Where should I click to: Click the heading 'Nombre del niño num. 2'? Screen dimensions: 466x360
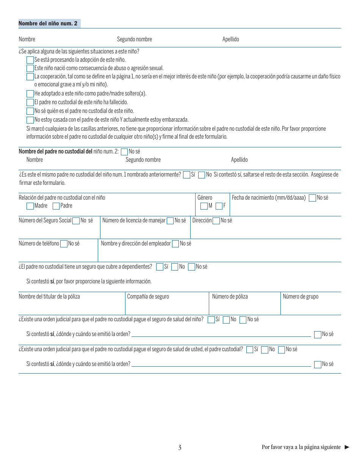48,23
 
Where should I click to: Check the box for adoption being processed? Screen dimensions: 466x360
30,60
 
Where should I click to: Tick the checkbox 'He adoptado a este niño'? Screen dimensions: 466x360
30,94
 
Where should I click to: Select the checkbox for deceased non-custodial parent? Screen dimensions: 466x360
30,102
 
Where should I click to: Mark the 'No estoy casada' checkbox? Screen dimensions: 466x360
30,120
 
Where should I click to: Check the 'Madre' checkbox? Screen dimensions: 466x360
30,206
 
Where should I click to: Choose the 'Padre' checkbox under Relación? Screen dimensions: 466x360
56,206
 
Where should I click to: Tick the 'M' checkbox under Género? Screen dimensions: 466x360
204,206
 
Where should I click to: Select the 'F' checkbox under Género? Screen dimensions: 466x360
219,206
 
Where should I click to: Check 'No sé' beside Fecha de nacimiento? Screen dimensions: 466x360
312,198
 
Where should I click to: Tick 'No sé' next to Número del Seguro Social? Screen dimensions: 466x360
76,221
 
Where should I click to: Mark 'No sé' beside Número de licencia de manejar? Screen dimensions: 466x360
170,221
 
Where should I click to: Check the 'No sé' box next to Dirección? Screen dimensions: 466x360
216,221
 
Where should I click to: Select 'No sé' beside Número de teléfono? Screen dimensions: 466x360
64,244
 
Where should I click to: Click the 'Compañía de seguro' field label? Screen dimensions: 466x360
148,297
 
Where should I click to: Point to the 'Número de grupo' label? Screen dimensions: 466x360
301,297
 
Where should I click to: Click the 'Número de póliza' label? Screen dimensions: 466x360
230,297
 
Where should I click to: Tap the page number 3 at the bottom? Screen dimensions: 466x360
180,447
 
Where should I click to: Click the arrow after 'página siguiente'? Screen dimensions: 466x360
347,447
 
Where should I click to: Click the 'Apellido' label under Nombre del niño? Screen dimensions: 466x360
230,39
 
